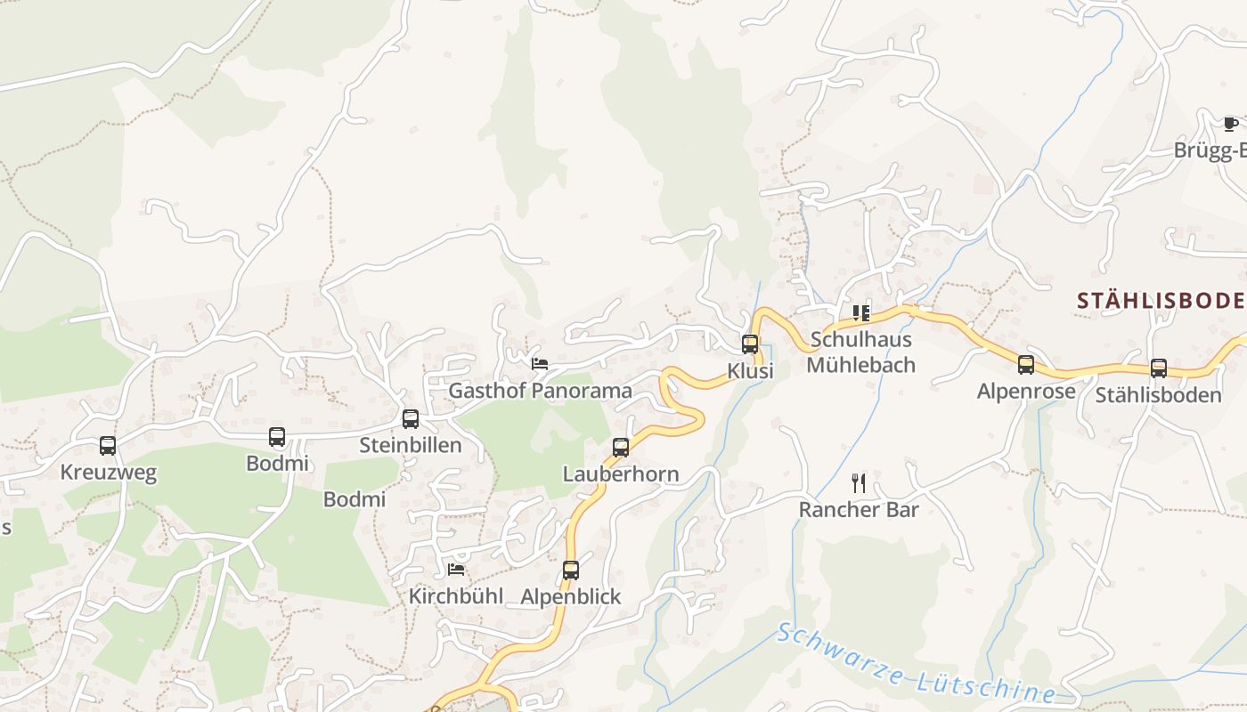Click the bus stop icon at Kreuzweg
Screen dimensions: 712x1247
pyautogui.click(x=108, y=445)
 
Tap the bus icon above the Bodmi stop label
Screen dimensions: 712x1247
pyautogui.click(x=277, y=436)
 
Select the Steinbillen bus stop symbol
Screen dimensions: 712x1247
pyautogui.click(x=411, y=418)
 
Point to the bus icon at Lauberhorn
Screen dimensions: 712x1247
pyautogui.click(x=621, y=447)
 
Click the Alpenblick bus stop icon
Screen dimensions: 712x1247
pyautogui.click(x=571, y=570)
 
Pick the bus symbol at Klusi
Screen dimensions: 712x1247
pyautogui.click(x=750, y=344)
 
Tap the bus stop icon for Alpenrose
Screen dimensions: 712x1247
pyautogui.click(x=1026, y=364)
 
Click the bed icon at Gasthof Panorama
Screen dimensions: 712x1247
pyautogui.click(x=539, y=364)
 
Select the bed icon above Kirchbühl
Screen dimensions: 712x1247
pyautogui.click(x=456, y=570)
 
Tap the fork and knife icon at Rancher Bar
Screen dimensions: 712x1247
pyautogui.click(x=859, y=483)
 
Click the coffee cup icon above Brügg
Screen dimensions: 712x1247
pyautogui.click(x=1230, y=124)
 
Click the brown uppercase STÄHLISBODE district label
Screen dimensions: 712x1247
pyautogui.click(x=1161, y=300)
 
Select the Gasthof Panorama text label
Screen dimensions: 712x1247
pyautogui.click(x=540, y=391)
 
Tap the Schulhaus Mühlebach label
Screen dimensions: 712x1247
pyautogui.click(x=860, y=352)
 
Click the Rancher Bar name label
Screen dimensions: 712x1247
pyautogui.click(x=859, y=510)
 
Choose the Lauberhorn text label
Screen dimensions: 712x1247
pyautogui.click(x=621, y=474)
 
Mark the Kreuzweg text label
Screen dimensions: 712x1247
pyautogui.click(x=108, y=473)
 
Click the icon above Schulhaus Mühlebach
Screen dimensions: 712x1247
pyautogui.click(x=860, y=312)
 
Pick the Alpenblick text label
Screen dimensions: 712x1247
pyautogui.click(x=571, y=596)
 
